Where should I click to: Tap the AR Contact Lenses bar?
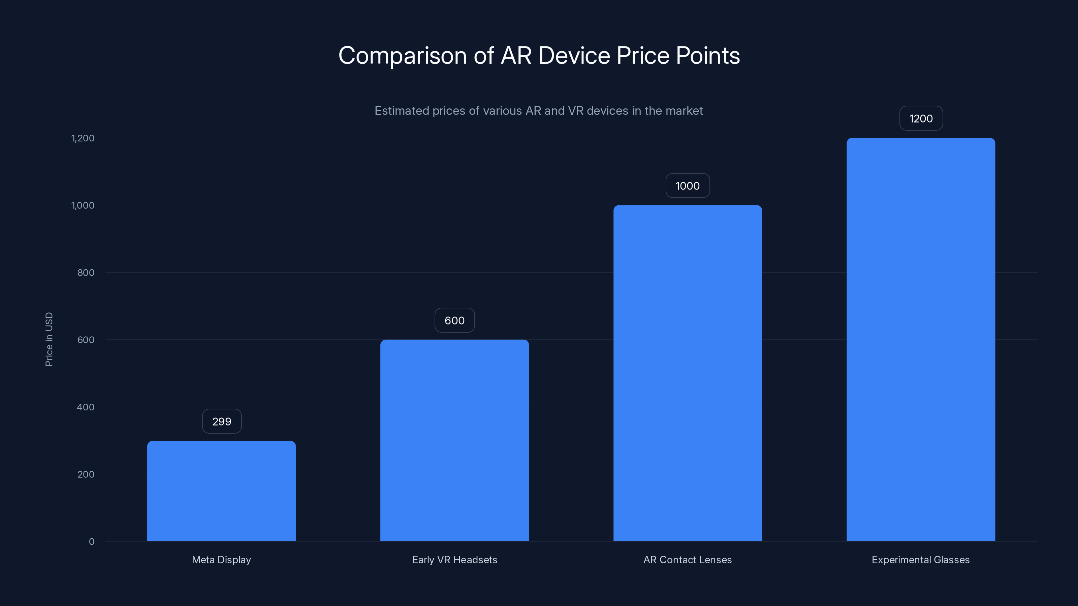tap(688, 373)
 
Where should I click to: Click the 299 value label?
tap(222, 421)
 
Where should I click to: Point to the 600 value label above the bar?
tap(454, 321)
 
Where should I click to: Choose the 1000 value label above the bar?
tap(688, 186)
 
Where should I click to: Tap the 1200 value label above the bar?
tap(921, 119)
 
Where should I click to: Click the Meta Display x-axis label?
tap(221, 560)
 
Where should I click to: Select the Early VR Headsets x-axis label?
tap(454, 560)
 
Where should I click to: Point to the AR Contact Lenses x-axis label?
tap(688, 560)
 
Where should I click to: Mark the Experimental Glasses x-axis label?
tap(921, 560)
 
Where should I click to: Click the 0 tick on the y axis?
tap(92, 542)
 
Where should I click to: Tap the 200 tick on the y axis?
tap(86, 474)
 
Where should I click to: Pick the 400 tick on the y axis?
tap(86, 407)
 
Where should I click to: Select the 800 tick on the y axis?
tap(86, 273)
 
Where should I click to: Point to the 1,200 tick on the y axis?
tap(83, 138)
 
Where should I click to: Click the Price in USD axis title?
tap(49, 339)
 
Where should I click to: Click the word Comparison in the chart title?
tap(402, 56)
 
